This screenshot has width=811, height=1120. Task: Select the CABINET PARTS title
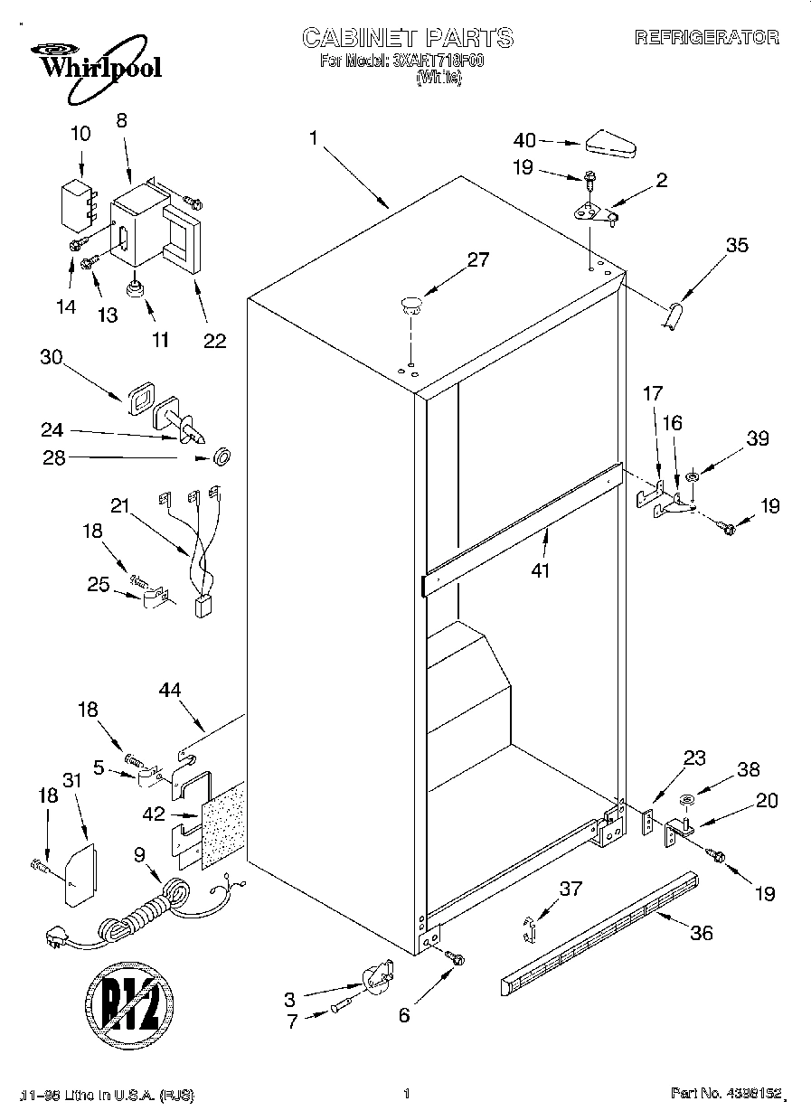(x=407, y=37)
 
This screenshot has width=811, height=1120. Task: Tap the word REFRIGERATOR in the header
(x=706, y=37)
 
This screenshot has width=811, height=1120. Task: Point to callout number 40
(x=524, y=140)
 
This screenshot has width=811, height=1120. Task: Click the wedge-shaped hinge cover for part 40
(x=613, y=143)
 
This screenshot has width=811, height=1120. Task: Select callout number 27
(x=477, y=260)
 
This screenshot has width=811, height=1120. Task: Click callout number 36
(x=701, y=932)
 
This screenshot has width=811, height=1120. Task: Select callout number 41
(x=541, y=570)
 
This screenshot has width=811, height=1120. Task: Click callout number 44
(x=169, y=691)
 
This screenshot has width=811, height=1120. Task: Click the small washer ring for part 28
(x=220, y=457)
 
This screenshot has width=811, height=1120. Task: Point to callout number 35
(x=737, y=244)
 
